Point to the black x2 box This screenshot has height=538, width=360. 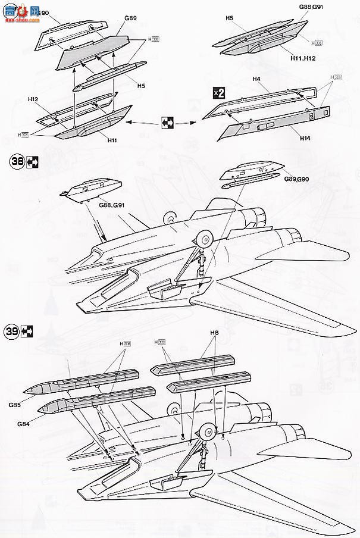(218, 92)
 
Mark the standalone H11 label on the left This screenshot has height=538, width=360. (112, 141)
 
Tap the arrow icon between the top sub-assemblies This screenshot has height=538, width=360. (167, 123)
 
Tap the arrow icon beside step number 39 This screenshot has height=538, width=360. (28, 332)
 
